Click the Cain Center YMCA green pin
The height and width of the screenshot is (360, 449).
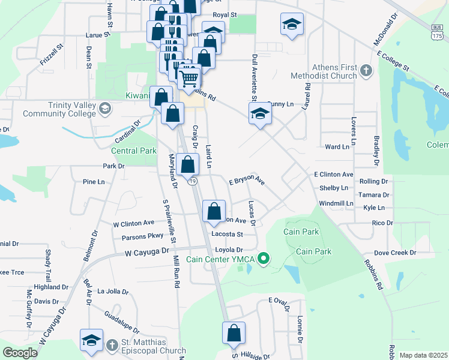point(262,259)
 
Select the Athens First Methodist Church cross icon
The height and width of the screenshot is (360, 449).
point(366,71)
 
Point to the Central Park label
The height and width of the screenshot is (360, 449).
point(133,151)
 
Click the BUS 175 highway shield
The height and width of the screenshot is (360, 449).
point(437,31)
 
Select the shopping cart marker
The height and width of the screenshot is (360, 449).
point(189,78)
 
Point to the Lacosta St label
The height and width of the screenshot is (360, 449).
point(227,234)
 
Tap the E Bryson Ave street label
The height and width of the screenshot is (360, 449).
point(247,180)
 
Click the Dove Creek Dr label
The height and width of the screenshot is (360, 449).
point(394,253)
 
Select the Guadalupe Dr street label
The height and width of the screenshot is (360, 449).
point(121,322)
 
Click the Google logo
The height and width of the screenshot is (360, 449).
point(20,352)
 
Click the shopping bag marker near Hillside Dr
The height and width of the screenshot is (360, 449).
point(234,333)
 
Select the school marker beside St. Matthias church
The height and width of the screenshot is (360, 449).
point(91,340)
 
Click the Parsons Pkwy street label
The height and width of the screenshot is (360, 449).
point(142,236)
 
